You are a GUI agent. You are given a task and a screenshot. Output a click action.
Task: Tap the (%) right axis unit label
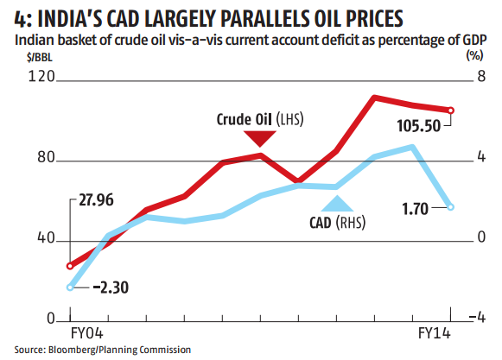pyautogui.click(x=473, y=57)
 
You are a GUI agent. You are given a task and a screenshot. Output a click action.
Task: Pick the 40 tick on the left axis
pyautogui.click(x=44, y=239)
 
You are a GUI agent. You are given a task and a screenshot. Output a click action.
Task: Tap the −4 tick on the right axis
pyautogui.click(x=471, y=319)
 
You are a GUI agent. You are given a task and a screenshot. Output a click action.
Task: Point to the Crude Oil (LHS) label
pyautogui.click(x=261, y=118)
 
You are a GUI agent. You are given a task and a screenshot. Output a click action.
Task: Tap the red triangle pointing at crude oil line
pyautogui.click(x=263, y=139)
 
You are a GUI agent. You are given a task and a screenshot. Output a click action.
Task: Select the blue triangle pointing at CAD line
pyautogui.click(x=337, y=204)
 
